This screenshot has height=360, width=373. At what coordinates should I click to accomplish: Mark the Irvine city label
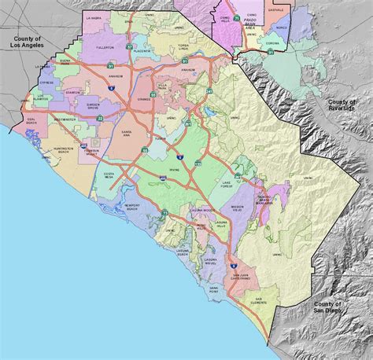174,170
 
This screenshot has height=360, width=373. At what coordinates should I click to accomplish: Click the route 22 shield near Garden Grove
99,118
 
